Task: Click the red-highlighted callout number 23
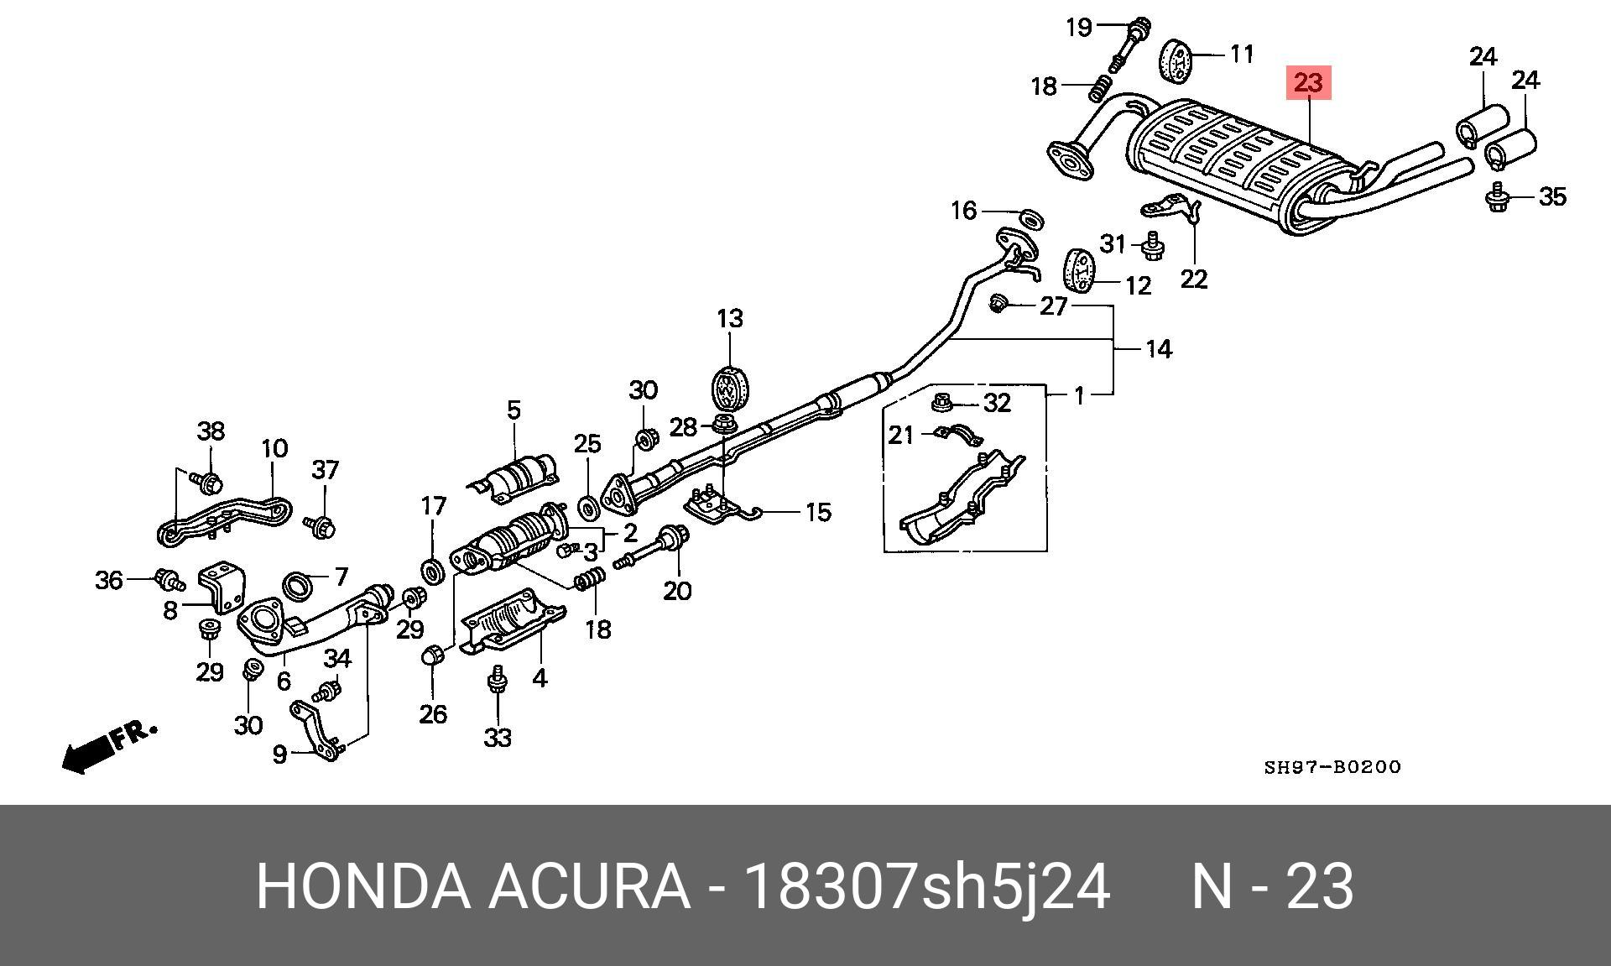(x=1308, y=83)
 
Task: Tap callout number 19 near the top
(x=1079, y=27)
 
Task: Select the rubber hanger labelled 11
(x=1177, y=60)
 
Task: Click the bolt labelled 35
(x=1498, y=198)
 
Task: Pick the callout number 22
(x=1193, y=278)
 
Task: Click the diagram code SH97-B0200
(x=1332, y=767)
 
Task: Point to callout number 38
(x=211, y=431)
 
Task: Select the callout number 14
(x=1159, y=349)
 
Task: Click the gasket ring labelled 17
(x=433, y=572)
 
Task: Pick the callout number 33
(x=498, y=738)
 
